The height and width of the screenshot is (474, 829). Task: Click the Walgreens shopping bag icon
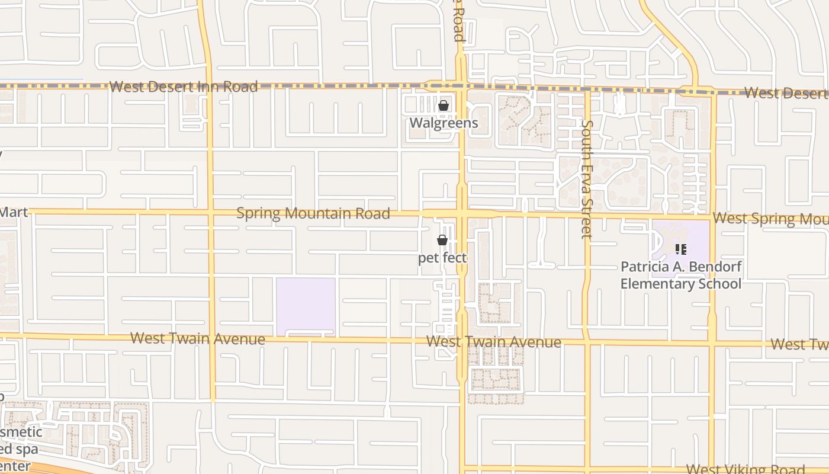[443, 106]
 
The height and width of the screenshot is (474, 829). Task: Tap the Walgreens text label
[444, 123]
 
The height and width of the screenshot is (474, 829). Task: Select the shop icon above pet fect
[442, 240]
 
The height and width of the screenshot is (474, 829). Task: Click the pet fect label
[442, 258]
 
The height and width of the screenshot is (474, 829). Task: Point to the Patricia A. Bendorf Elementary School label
[680, 275]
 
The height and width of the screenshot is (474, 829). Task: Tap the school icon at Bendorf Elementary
[680, 249]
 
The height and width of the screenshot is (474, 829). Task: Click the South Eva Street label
[586, 178]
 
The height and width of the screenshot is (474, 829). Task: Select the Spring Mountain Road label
[313, 213]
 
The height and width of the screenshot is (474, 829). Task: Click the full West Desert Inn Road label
[184, 87]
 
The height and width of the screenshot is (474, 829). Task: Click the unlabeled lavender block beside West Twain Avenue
[306, 306]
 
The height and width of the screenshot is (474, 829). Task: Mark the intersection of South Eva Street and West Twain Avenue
[587, 343]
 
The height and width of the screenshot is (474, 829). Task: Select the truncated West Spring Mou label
[770, 219]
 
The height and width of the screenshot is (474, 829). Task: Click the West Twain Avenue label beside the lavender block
[198, 338]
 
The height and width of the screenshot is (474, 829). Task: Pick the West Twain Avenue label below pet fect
[494, 342]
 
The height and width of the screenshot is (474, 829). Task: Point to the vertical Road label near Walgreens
[458, 21]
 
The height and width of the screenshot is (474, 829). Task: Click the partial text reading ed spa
[19, 449]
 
